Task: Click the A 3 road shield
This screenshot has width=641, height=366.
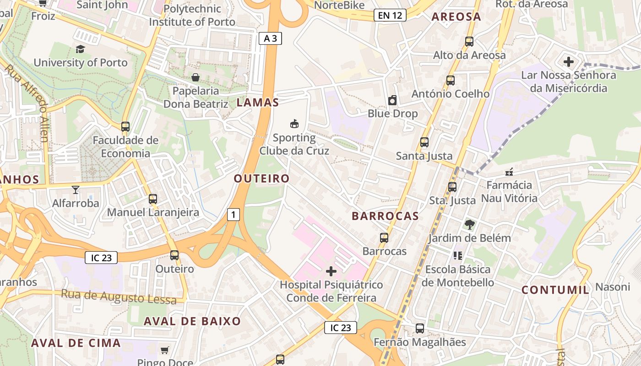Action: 270,38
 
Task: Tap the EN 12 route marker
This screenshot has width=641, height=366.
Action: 390,15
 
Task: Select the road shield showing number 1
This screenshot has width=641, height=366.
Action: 234,214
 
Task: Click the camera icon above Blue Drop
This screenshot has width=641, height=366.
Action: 392,100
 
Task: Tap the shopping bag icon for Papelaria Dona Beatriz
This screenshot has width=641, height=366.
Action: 196,77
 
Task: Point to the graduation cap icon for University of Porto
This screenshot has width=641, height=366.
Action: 80,49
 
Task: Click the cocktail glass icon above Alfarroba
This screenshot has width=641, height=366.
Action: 76,189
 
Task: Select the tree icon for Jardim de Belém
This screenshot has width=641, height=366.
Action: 469,224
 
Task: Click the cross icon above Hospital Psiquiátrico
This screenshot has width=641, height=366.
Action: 331,271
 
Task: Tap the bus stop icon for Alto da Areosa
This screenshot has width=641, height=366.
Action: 469,42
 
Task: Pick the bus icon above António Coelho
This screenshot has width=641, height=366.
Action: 451,81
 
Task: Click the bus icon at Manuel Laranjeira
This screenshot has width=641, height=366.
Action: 153,199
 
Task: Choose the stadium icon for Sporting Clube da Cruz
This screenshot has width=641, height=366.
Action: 294,124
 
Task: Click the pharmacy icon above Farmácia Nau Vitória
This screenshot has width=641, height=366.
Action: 509,172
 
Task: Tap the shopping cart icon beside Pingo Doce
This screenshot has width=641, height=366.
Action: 165,350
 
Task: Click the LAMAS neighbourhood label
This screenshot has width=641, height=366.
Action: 258,102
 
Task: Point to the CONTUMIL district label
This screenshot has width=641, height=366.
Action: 555,290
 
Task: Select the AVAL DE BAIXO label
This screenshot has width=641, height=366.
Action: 192,321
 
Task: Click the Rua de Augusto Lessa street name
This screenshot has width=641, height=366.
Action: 119,297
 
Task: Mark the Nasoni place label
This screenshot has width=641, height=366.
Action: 613,287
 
